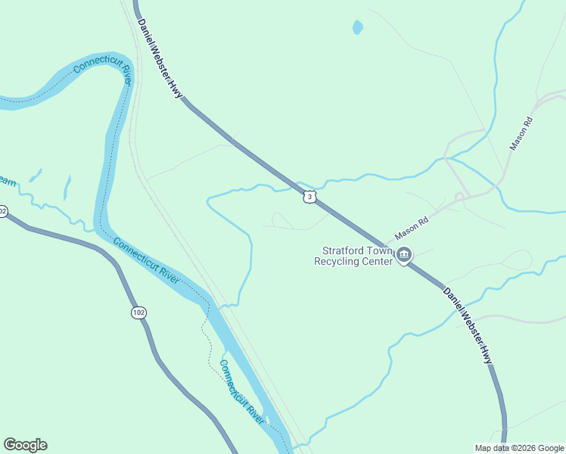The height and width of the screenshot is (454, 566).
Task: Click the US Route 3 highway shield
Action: [309, 197]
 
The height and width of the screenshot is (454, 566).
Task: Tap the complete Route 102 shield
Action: [138, 313]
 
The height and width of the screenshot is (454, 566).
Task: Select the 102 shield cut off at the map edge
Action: [2, 212]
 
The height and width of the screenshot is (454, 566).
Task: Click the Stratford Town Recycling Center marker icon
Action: [404, 256]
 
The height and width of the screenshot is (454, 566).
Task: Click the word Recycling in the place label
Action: [341, 261]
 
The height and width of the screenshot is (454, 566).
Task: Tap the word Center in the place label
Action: [380, 261]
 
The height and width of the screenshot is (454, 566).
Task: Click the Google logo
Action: [25, 445]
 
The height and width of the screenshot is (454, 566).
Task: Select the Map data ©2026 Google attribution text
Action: [519, 448]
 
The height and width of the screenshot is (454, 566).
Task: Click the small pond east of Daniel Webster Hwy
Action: [357, 27]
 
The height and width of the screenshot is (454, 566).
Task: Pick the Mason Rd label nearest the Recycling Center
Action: [413, 226]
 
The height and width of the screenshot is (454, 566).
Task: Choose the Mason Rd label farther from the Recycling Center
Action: [521, 133]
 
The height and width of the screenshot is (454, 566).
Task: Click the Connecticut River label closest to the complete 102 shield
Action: [146, 260]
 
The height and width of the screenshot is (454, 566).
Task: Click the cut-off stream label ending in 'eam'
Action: [7, 181]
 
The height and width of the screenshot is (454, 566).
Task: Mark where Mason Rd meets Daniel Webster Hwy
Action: [387, 247]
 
